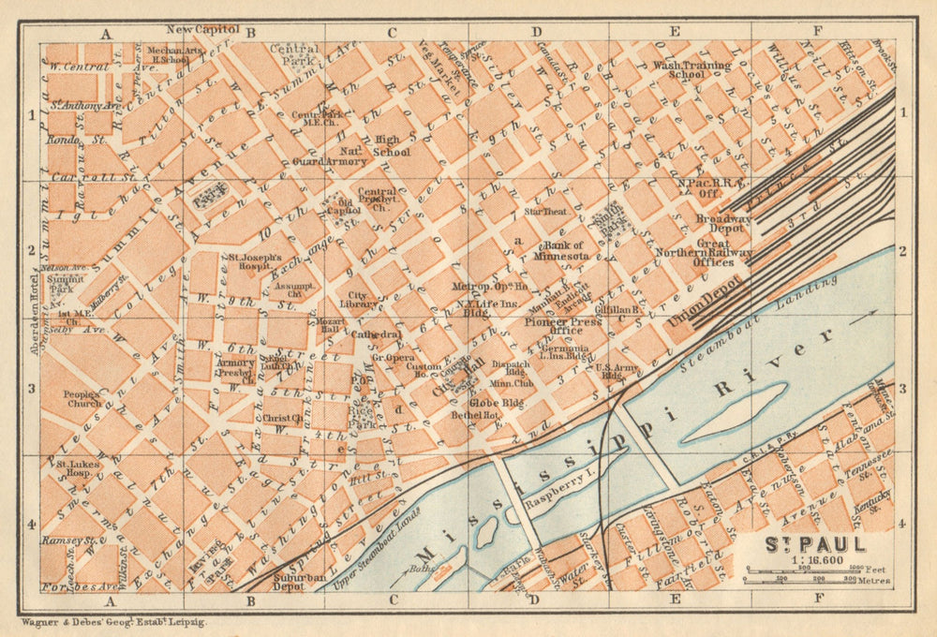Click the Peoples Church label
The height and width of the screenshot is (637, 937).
pyautogui.click(x=82, y=400)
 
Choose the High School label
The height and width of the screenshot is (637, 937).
pyautogui.click(x=392, y=146)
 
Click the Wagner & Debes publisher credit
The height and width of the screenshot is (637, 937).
pyautogui.click(x=112, y=622)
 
